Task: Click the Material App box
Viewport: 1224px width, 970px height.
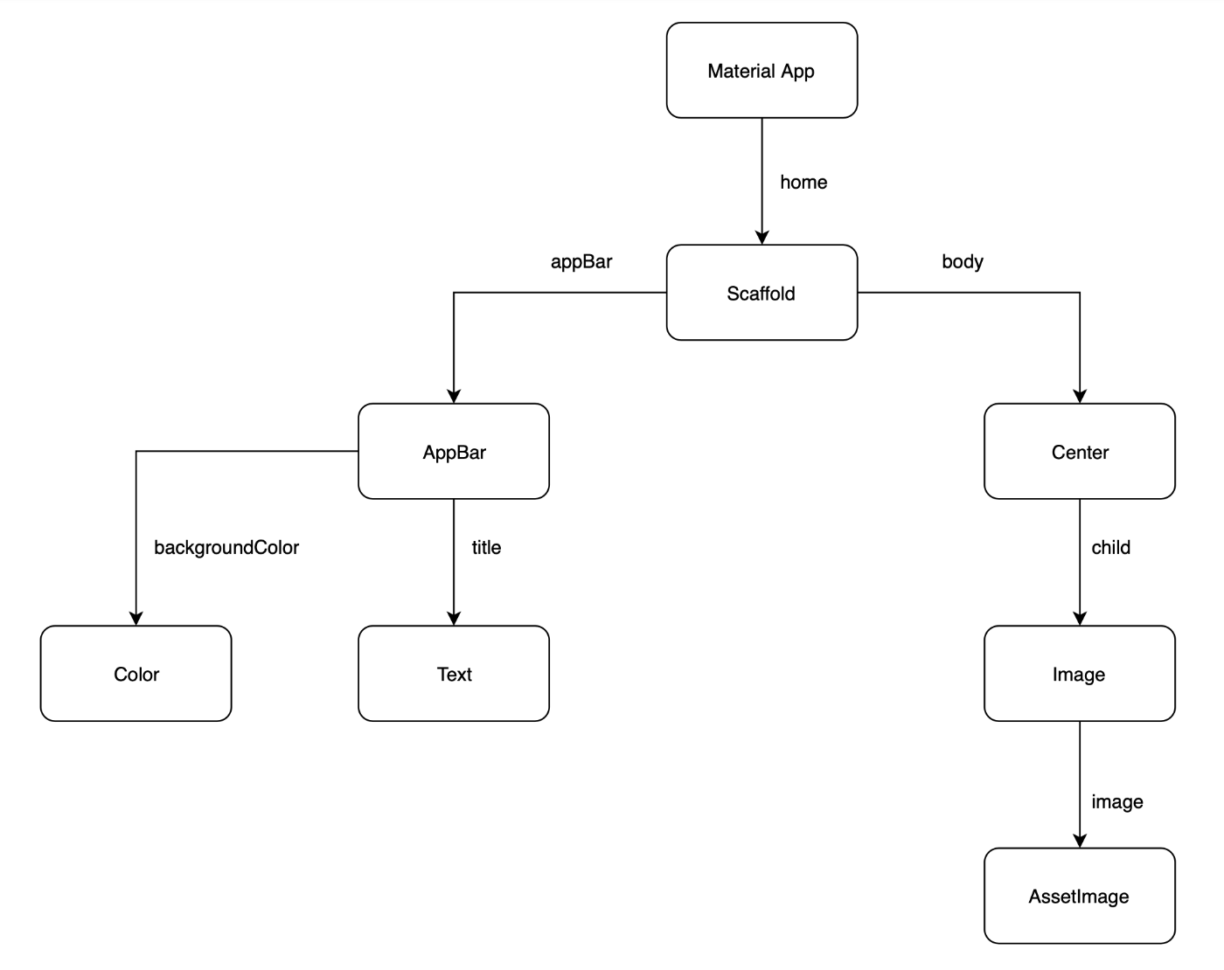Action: click(762, 71)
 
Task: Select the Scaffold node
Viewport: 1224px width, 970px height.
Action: click(762, 293)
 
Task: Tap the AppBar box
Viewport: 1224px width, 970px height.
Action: click(454, 452)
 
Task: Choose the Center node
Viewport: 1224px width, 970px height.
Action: click(1080, 452)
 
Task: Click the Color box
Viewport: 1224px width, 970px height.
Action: click(136, 674)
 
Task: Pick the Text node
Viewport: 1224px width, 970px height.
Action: click(454, 674)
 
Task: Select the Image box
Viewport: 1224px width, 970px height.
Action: click(1080, 674)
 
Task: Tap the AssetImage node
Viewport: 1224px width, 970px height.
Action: click(1080, 896)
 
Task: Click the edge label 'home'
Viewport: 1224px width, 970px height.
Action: click(803, 182)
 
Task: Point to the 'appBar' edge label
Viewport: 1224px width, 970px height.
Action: click(581, 261)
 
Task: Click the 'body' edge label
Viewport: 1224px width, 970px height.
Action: click(963, 261)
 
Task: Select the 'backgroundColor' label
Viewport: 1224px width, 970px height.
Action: click(226, 547)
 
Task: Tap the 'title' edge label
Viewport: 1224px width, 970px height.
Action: click(486, 547)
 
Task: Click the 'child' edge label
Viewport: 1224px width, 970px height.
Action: click(1110, 547)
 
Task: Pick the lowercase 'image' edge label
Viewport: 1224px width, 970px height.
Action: click(1116, 801)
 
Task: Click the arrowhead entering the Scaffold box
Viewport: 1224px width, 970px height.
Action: click(762, 238)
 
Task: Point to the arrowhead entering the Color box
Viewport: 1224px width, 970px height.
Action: click(136, 619)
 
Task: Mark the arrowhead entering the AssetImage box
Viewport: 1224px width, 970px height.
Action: click(1080, 841)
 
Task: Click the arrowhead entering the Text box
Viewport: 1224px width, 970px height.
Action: click(454, 619)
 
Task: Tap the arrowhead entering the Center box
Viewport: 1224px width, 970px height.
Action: click(1080, 397)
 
